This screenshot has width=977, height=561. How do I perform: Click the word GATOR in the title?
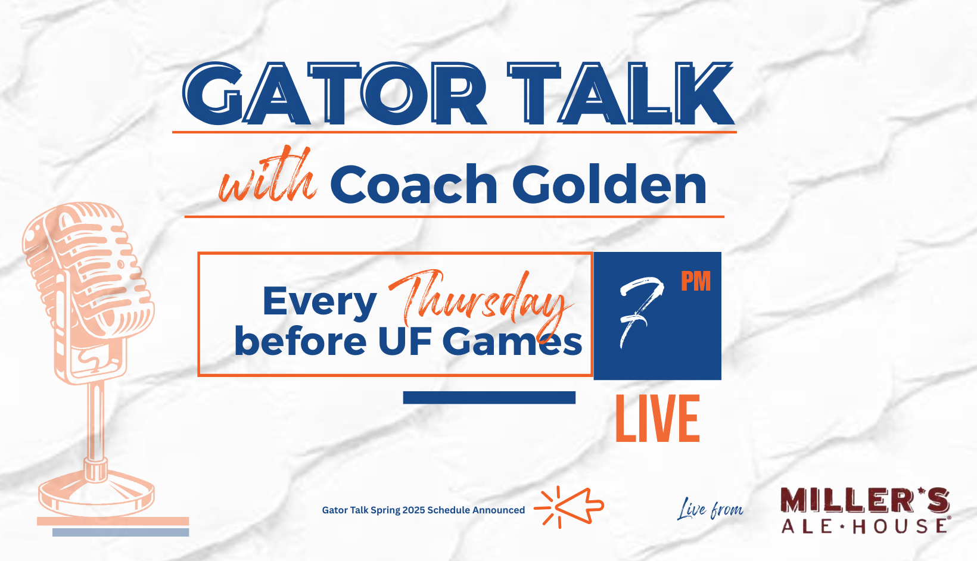[335, 93]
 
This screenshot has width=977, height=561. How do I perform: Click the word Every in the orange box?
[320, 301]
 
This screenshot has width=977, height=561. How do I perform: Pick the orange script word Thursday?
[480, 301]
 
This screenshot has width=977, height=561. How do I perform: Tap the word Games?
[512, 342]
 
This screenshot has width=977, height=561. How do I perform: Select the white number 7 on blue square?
[642, 311]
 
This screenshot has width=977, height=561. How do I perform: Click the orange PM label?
[696, 281]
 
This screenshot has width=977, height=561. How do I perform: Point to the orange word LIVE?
[657, 419]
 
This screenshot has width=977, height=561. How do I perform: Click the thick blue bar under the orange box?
[489, 398]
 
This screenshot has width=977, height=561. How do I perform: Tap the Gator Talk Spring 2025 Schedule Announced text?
[423, 510]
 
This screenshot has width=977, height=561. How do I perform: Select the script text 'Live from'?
[710, 509]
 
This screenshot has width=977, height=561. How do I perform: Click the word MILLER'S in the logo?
[865, 500]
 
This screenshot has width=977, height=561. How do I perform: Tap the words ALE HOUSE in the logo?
[864, 526]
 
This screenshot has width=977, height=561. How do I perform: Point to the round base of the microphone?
[97, 495]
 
